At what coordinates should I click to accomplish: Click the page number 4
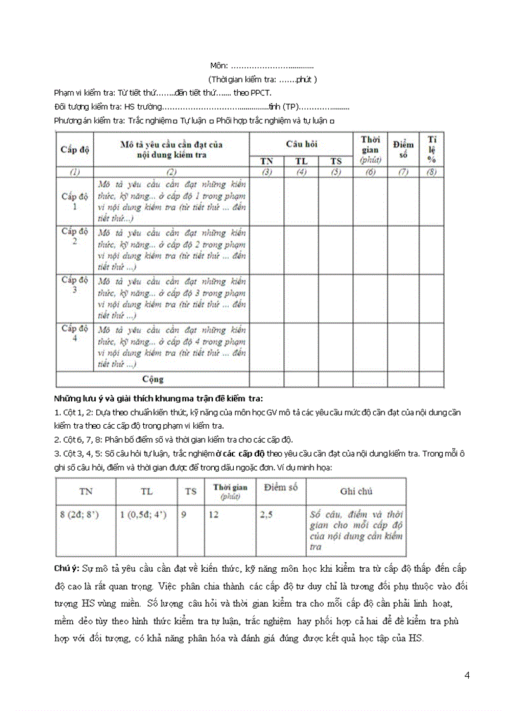pyautogui.click(x=467, y=675)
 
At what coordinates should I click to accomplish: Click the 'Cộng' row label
pyautogui.click(x=153, y=379)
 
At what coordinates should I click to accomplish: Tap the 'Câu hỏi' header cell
pyautogui.click(x=301, y=144)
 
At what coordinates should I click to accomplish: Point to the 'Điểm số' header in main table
pyautogui.click(x=403, y=149)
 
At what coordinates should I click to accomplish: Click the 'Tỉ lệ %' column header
pyautogui.click(x=431, y=149)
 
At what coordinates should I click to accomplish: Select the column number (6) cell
pyautogui.click(x=370, y=172)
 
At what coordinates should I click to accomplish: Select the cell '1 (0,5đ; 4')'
pyautogui.click(x=143, y=515)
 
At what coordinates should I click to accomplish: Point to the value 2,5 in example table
pyautogui.click(x=266, y=515)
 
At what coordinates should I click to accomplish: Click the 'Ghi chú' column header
pyautogui.click(x=356, y=491)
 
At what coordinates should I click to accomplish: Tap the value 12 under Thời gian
pyautogui.click(x=214, y=515)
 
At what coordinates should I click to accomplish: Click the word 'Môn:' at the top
pyautogui.click(x=219, y=66)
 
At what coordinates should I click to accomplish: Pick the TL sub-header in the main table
pyautogui.click(x=301, y=161)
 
